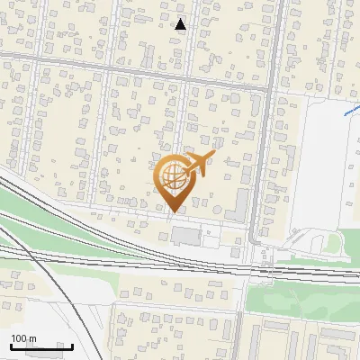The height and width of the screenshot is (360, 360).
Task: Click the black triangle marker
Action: tap(181, 24)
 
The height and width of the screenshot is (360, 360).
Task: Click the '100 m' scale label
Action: tap(23, 338)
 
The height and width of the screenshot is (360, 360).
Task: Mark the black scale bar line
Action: tap(41, 346)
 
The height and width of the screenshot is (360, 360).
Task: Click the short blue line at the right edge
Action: tap(351, 112)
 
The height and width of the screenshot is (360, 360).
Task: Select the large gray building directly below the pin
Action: tap(187, 237)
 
